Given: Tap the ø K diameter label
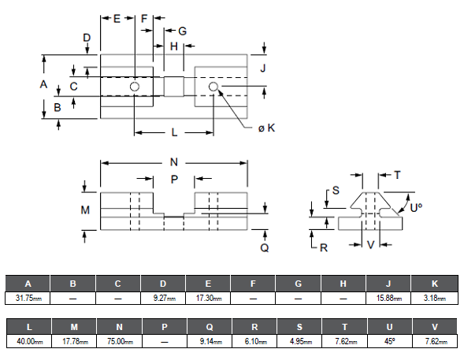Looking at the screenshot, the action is (266, 128).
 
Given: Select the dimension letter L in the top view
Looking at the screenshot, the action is (175, 132).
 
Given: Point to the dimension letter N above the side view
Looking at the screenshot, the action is (174, 162).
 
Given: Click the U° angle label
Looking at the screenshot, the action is (416, 208).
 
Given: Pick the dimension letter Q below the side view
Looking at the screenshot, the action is (265, 247).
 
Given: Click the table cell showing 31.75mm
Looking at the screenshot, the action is (28, 298).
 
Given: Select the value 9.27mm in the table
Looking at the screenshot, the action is (163, 298).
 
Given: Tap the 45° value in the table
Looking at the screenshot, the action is (390, 341).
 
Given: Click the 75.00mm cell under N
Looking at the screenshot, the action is (119, 341).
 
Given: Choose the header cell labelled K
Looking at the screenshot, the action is (434, 284).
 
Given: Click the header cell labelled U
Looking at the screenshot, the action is (390, 327).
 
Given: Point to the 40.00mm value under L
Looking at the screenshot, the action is (29, 341).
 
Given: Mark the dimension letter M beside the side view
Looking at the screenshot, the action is (85, 210).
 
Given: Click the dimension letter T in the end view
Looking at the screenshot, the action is (397, 175).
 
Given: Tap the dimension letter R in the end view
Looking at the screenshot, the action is (324, 248).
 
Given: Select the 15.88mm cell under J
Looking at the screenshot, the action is (388, 298).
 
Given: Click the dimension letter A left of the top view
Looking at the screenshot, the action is (43, 84).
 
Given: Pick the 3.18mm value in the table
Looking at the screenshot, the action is (434, 298).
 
